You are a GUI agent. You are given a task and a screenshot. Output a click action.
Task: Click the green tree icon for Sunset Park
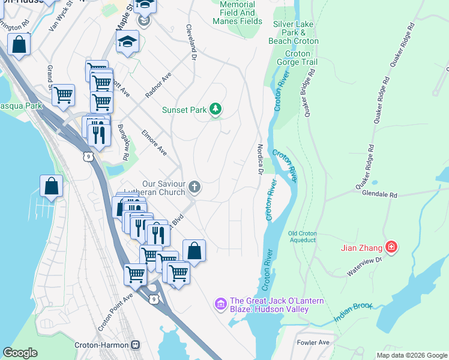tap(215, 109)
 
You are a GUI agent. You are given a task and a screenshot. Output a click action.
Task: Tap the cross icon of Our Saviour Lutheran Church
tap(194, 188)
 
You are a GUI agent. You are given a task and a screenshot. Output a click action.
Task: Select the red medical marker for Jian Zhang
tap(391, 247)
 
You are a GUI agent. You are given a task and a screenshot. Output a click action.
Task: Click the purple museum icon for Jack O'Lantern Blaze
tap(220, 305)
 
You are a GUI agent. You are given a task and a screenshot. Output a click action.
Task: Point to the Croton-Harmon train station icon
tap(136, 345)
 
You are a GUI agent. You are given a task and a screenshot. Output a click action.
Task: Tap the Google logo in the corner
tap(20, 353)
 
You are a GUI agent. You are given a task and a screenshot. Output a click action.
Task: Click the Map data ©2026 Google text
tap(412, 355)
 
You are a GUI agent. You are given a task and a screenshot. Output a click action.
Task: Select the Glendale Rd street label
tap(379, 195)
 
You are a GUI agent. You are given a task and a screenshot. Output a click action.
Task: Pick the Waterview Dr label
tap(364, 268)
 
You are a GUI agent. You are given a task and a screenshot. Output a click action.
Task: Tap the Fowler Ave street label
tap(313, 343)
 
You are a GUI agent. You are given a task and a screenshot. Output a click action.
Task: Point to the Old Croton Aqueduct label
tap(301, 236)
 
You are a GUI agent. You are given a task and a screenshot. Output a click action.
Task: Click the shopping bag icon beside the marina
tap(52, 187)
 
